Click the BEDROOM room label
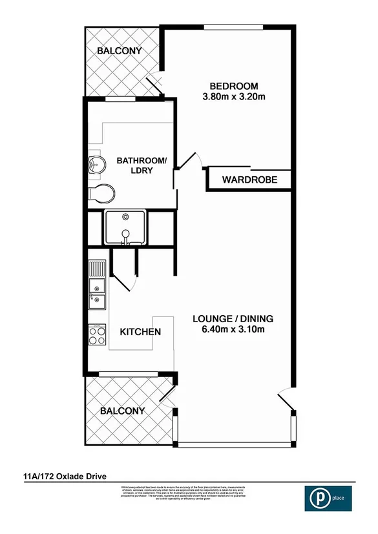[x=234, y=86]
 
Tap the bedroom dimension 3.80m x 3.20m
[x=234, y=97]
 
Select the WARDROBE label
[x=249, y=180]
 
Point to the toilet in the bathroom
[x=102, y=192]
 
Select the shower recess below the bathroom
[x=127, y=228]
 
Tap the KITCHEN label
[x=140, y=332]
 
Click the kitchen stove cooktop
[x=97, y=335]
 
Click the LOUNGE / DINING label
[x=233, y=318]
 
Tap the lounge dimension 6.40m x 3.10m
[x=233, y=329]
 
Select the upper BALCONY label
[x=119, y=50]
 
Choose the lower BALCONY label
[x=122, y=410]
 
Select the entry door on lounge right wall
[x=285, y=400]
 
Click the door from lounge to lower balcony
[x=169, y=396]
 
